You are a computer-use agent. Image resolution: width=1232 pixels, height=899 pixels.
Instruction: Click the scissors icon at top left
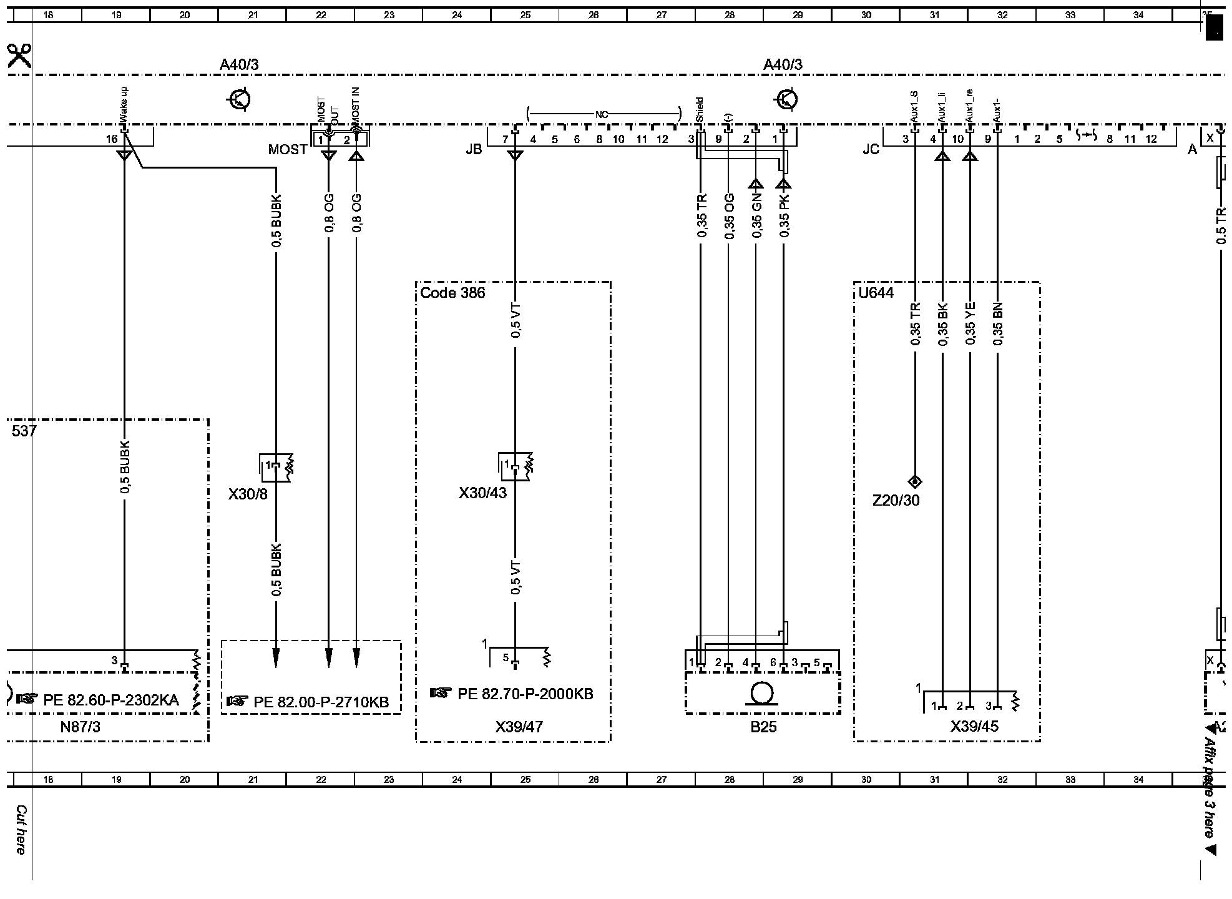[x=19, y=56]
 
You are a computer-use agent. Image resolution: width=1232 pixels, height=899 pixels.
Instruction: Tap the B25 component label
[x=763, y=727]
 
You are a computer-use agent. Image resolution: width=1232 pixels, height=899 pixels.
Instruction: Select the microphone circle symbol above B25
[x=761, y=694]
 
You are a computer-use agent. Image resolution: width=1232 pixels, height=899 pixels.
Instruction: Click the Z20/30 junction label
[x=896, y=501]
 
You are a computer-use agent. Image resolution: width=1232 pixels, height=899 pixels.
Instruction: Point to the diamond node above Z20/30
[x=915, y=481]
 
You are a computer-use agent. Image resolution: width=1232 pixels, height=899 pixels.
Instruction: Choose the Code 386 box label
[x=452, y=293]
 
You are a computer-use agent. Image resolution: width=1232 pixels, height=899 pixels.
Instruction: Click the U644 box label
[x=876, y=293]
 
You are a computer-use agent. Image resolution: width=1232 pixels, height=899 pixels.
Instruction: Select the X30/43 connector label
[x=482, y=493]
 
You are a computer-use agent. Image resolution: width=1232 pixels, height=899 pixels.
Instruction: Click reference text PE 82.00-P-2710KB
[x=321, y=702]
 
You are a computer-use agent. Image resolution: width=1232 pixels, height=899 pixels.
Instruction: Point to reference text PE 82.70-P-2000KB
[x=525, y=694]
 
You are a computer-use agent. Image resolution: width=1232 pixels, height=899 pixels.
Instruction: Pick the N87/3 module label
[x=80, y=727]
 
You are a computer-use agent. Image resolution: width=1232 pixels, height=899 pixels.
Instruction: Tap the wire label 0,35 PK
[x=785, y=215]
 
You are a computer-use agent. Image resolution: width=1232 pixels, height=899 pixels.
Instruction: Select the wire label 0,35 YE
[x=970, y=325]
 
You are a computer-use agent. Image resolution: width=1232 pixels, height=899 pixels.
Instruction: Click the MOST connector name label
[x=288, y=150]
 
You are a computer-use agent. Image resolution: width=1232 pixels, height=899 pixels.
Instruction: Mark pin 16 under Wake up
[x=112, y=139]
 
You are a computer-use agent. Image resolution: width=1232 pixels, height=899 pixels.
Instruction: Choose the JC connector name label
[x=871, y=150]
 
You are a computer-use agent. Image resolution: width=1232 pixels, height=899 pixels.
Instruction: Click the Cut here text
[x=21, y=830]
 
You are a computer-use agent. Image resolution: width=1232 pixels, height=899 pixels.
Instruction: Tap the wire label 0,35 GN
[x=756, y=216]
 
